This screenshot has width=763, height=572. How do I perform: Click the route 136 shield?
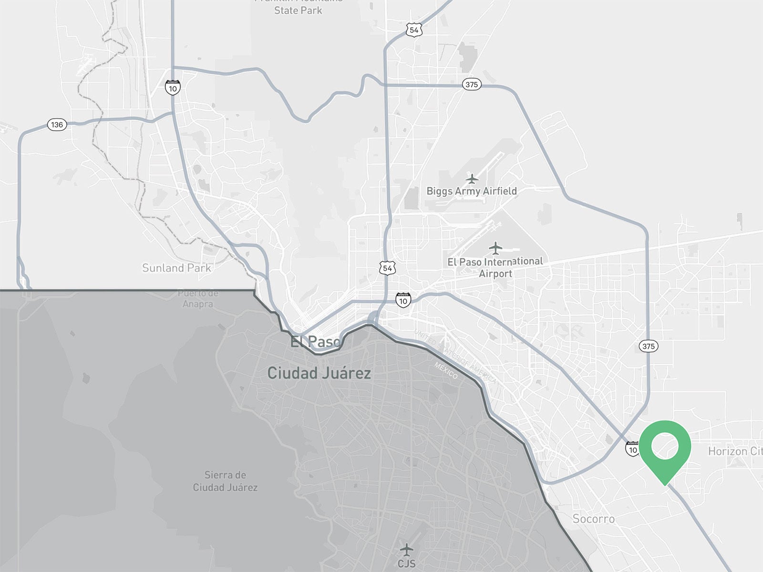tap(57, 125)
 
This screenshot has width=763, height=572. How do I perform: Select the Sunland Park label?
tap(176, 268)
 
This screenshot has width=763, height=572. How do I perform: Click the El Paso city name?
tap(316, 341)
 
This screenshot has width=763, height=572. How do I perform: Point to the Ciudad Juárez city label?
tap(319, 373)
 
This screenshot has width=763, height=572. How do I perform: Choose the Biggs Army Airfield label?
tap(471, 191)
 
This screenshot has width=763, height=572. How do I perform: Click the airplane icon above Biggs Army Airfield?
tap(472, 179)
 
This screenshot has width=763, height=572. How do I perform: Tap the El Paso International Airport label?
tap(495, 267)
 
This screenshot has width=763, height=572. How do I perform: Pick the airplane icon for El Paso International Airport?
tap(495, 248)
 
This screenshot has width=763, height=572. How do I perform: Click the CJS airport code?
tap(406, 563)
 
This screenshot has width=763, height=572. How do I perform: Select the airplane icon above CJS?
tap(406, 550)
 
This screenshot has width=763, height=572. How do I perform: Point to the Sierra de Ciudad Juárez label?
tap(225, 481)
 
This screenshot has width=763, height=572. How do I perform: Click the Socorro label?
tap(593, 519)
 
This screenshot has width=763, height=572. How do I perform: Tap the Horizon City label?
tap(735, 451)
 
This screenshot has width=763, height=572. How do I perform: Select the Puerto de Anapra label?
tap(198, 299)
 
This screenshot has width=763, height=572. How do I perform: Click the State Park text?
tap(298, 10)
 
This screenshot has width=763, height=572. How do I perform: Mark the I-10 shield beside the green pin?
tap(632, 449)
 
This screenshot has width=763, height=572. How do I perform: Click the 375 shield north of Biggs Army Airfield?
tap(472, 84)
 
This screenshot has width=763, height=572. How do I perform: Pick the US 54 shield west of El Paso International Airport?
tap(387, 268)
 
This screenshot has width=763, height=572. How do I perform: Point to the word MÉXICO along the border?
tap(446, 370)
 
